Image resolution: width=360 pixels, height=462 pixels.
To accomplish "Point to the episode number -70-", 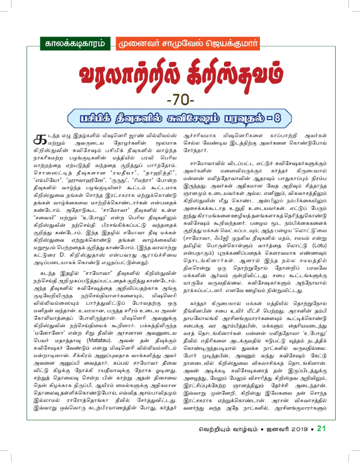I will tap(180, 102).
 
